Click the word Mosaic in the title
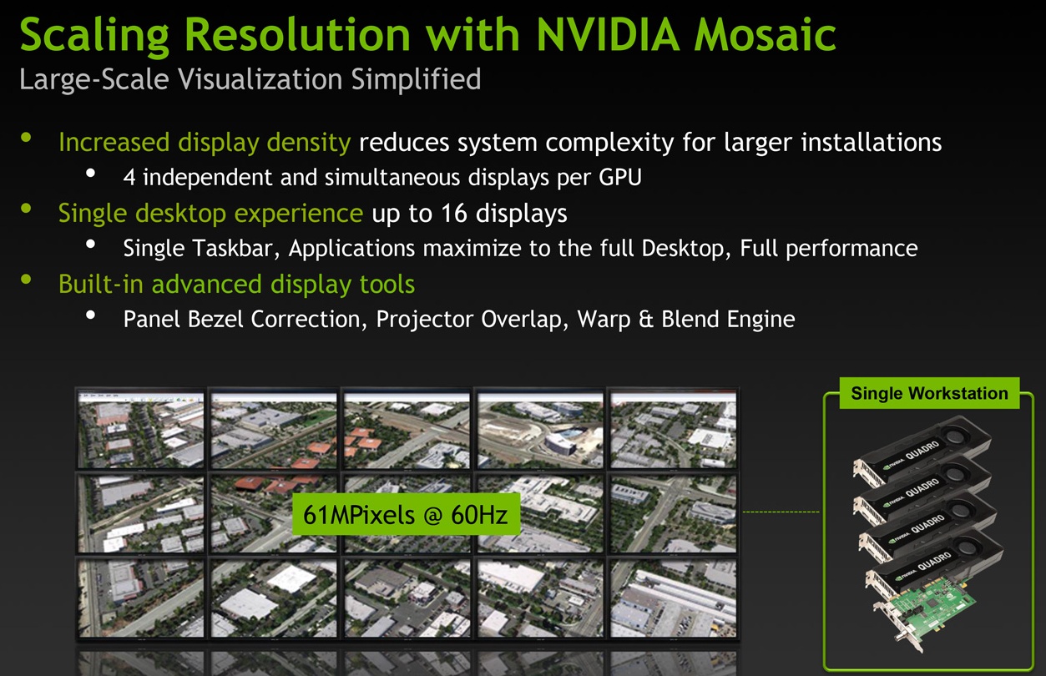tap(765, 34)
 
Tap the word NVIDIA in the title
tap(608, 34)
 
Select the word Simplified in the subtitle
tap(416, 80)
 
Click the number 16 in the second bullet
tap(454, 213)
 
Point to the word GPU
tap(620, 178)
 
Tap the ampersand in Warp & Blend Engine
tap(645, 320)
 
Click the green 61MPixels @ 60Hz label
tap(406, 514)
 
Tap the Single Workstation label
tap(929, 393)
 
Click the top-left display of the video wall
tap(140, 430)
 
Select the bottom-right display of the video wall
tap(674, 598)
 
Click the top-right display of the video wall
tap(674, 430)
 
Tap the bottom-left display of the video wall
tap(140, 598)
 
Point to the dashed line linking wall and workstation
tap(781, 512)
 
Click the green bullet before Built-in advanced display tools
tap(26, 280)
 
